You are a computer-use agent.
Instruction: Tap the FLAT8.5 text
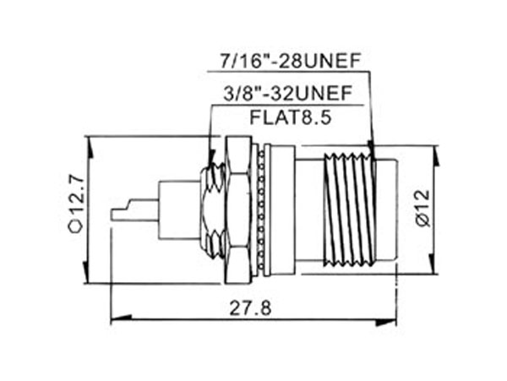pyautogui.click(x=288, y=117)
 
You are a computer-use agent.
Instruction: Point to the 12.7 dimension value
pyautogui.click(x=77, y=193)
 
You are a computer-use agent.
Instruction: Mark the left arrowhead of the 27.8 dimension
pyautogui.click(x=114, y=319)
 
